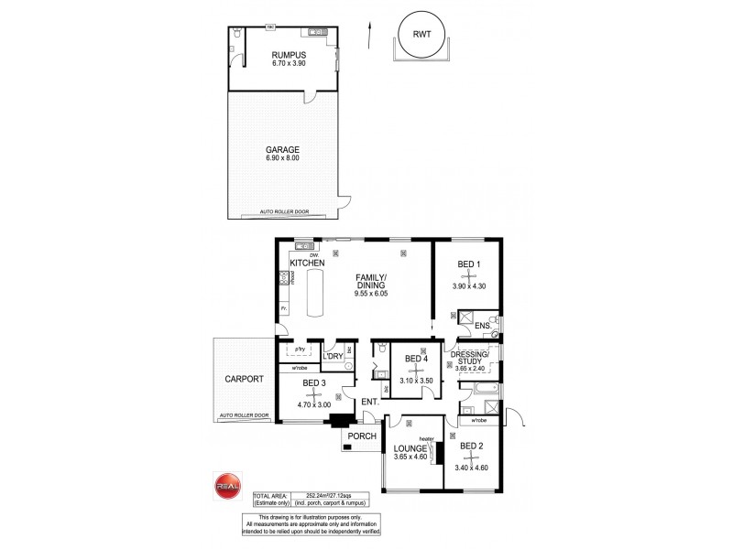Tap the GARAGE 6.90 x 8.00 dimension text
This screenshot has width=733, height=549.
click(281, 158)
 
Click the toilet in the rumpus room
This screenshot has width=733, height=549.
click(236, 34)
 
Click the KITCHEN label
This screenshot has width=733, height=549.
click(308, 264)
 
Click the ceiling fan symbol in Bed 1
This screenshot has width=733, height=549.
click(468, 274)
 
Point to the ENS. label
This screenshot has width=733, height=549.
click(482, 326)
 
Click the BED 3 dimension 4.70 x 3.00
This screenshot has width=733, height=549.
click(313, 404)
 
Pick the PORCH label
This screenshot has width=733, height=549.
click(363, 436)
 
